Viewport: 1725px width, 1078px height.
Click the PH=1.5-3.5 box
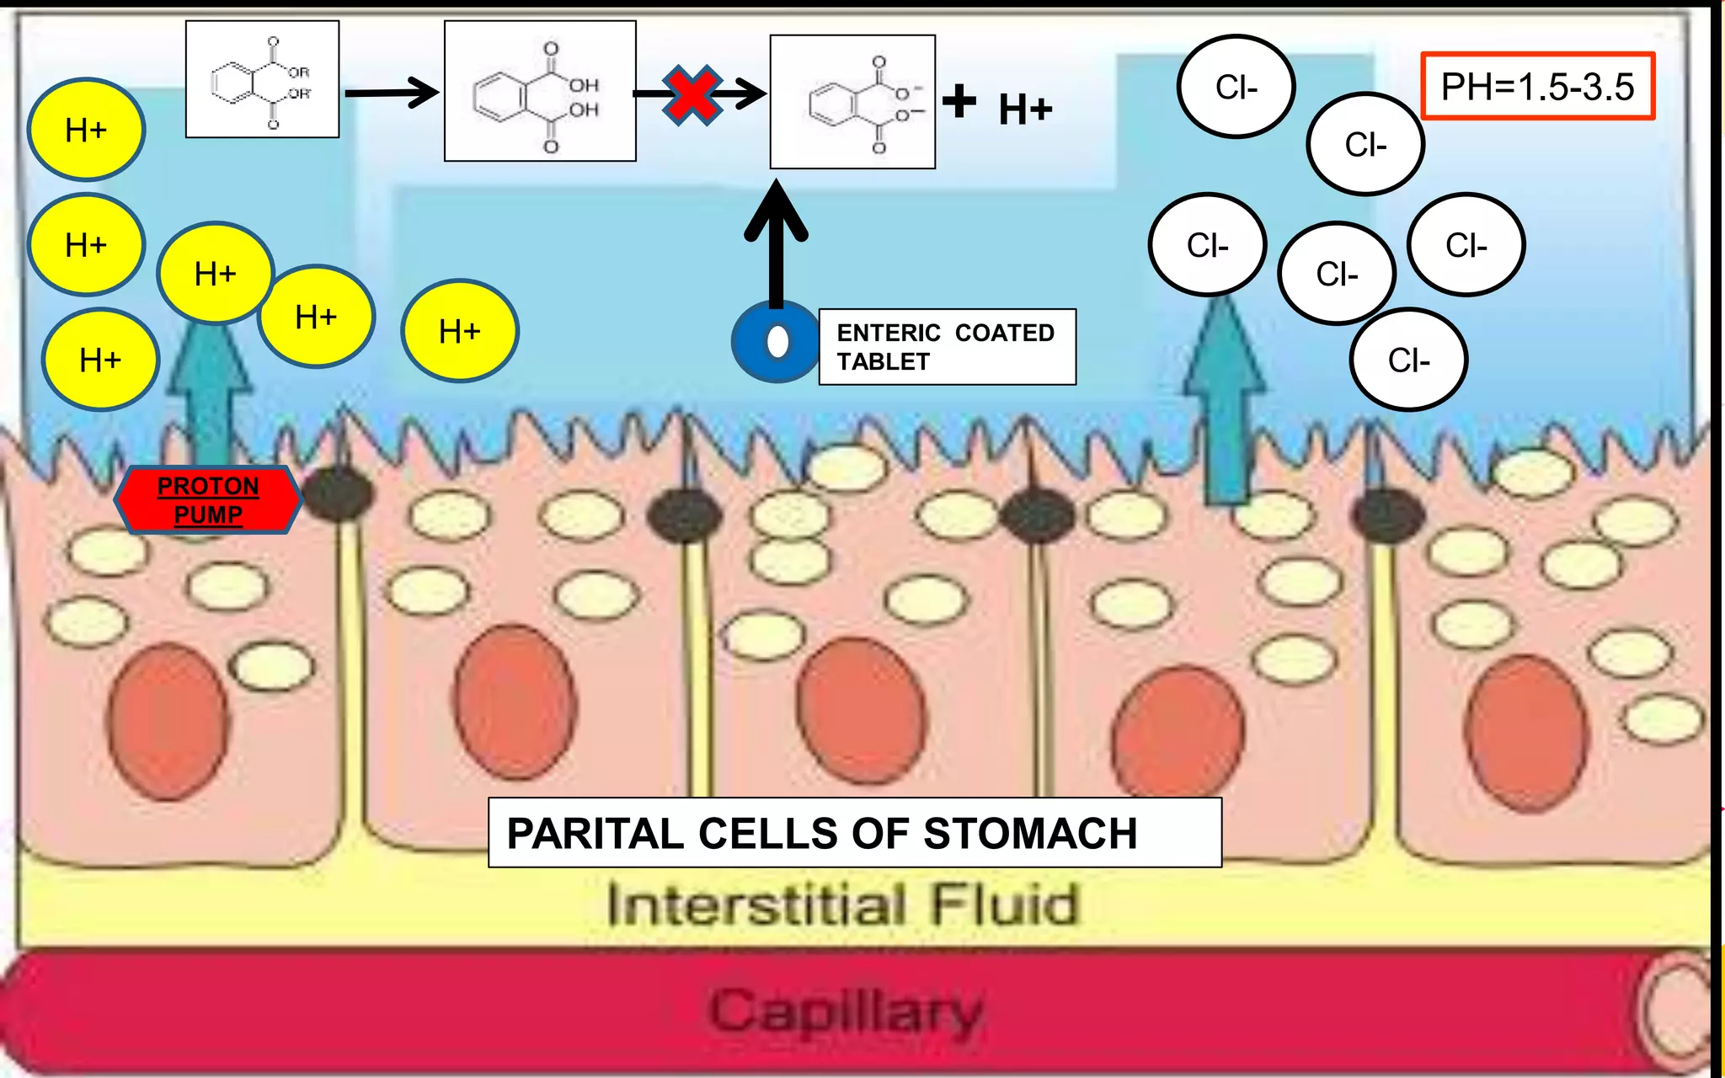click(x=1538, y=87)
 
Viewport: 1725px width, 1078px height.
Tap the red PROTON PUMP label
click(x=208, y=500)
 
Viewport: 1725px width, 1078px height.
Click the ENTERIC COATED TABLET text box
click(x=947, y=347)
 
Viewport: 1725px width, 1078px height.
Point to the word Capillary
click(x=846, y=1011)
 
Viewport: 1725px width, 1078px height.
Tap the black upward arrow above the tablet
click(x=776, y=244)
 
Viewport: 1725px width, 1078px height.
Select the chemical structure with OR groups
click(x=262, y=80)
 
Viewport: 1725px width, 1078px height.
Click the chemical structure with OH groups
click(x=540, y=92)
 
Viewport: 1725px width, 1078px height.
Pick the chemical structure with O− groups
click(x=852, y=103)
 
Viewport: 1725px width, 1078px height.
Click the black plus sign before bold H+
click(x=959, y=101)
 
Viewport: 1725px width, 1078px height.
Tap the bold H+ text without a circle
click(x=1025, y=109)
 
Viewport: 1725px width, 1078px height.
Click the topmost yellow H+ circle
click(x=86, y=130)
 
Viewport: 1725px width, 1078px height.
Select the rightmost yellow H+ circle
click(x=460, y=331)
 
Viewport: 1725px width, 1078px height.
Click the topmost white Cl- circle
click(x=1236, y=87)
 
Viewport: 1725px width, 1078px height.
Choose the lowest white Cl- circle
click(x=1409, y=360)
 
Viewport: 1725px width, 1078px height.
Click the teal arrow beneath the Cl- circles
click(x=1225, y=404)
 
